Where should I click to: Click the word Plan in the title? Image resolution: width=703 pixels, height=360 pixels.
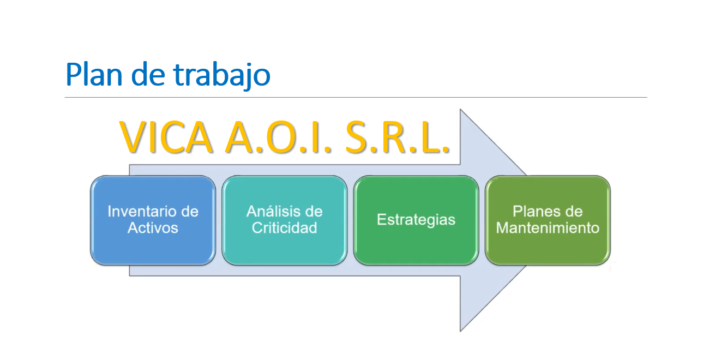94,74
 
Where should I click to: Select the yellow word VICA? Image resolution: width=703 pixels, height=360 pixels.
166,137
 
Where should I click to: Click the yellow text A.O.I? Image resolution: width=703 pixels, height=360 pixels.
279,137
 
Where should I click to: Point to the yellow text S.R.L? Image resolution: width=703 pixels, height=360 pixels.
398,137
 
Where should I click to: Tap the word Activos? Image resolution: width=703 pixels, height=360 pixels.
153,227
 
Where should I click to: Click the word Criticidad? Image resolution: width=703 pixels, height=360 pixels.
284,227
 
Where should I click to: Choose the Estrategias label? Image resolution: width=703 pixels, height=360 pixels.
416,220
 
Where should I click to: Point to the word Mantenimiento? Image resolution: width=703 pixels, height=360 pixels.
548,227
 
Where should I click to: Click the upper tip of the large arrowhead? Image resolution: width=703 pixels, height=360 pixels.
460,110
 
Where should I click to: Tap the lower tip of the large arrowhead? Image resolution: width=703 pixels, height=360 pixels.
460,331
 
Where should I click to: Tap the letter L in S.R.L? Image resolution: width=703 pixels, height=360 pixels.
431,137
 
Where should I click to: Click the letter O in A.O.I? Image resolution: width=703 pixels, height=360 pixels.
279,137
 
